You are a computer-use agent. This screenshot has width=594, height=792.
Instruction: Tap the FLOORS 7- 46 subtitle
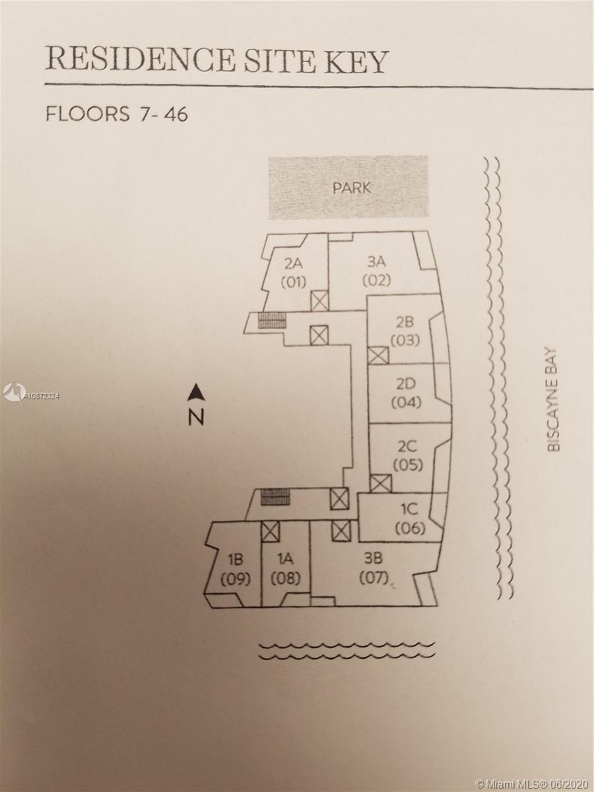click(x=117, y=114)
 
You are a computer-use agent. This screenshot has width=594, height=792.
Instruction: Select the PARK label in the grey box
click(x=351, y=187)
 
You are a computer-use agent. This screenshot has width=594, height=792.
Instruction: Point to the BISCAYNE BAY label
click(x=553, y=400)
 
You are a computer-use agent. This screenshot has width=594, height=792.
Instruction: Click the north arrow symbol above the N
click(x=196, y=393)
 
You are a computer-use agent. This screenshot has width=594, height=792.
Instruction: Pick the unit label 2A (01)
click(x=294, y=273)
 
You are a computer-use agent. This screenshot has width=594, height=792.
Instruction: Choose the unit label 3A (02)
click(x=376, y=270)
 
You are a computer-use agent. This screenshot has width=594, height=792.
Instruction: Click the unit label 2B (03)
click(x=405, y=332)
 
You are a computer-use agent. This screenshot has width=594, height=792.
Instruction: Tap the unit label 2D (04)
click(x=406, y=393)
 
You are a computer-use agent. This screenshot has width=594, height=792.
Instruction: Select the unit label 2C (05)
click(x=407, y=455)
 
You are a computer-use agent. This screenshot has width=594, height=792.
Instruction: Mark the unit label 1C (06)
click(x=409, y=519)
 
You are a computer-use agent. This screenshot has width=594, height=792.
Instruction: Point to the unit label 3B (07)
click(x=373, y=569)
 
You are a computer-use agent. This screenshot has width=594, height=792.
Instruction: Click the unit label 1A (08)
click(x=285, y=569)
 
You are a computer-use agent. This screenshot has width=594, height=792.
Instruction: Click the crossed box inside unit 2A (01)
click(x=319, y=301)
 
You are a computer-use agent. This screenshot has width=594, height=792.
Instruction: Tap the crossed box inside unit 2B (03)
click(x=378, y=356)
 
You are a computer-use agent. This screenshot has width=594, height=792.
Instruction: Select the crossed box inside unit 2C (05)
click(x=380, y=484)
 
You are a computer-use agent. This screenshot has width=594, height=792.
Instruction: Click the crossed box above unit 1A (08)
click(x=270, y=531)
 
